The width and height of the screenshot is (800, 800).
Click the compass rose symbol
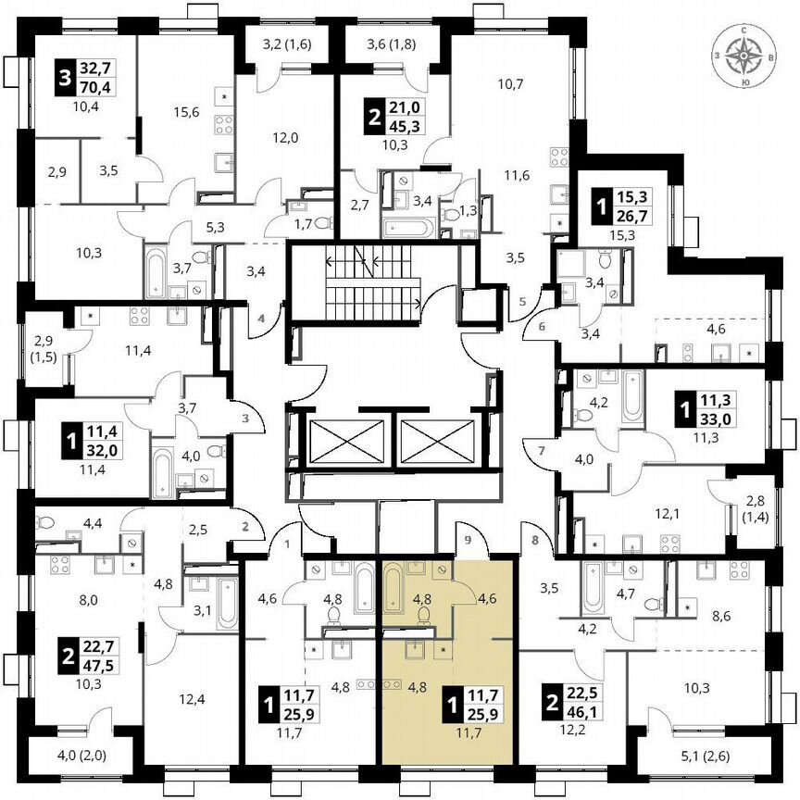click(x=744, y=57)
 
